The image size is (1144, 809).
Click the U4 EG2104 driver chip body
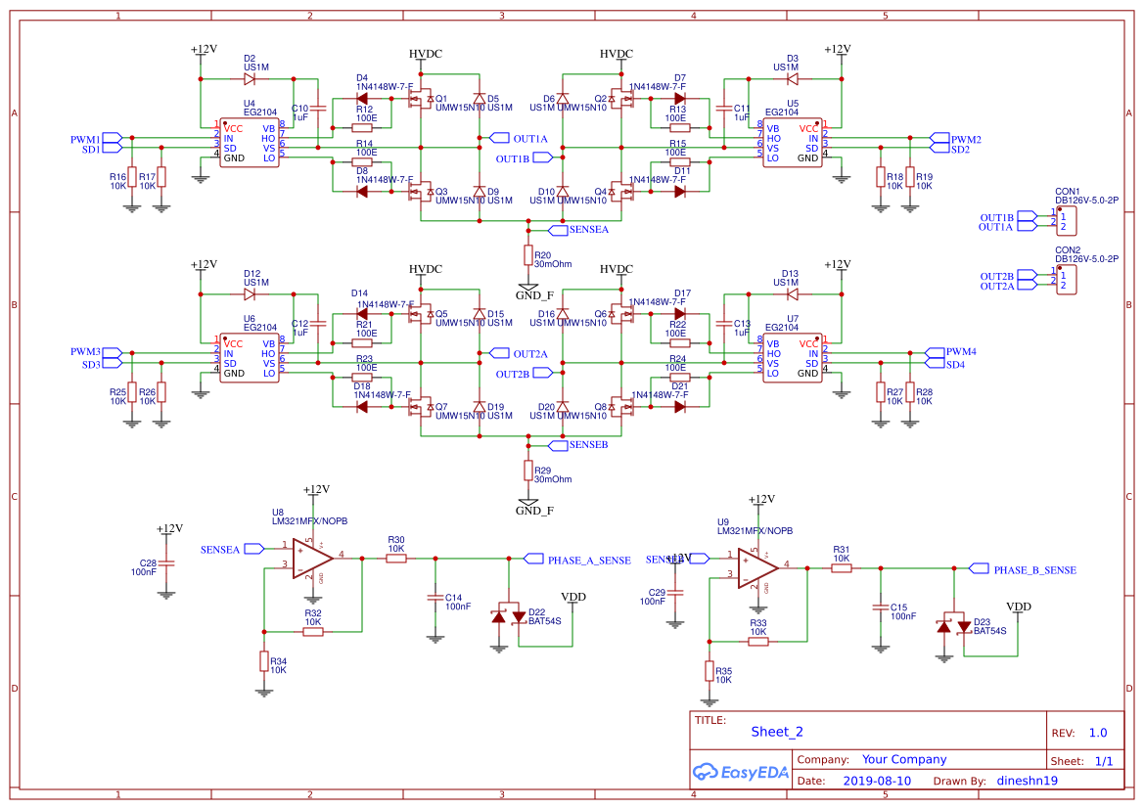pyautogui.click(x=249, y=143)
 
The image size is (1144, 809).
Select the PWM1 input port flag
pyautogui.click(x=112, y=138)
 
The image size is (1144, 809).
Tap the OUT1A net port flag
pyautogui.click(x=498, y=138)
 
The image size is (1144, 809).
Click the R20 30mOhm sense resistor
pyautogui.click(x=528, y=255)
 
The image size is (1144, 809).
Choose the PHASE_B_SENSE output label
pyautogui.click(x=1034, y=569)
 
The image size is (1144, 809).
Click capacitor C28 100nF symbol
pyautogui.click(x=167, y=564)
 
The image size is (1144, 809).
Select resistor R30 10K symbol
pyautogui.click(x=395, y=558)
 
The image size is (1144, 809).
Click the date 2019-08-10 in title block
pyautogui.click(x=876, y=782)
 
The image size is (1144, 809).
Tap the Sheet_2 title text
pyautogui.click(x=777, y=732)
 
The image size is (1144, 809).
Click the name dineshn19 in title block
pyautogui.click(x=1027, y=782)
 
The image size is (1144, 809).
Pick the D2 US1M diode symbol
pyautogui.click(x=249, y=77)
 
